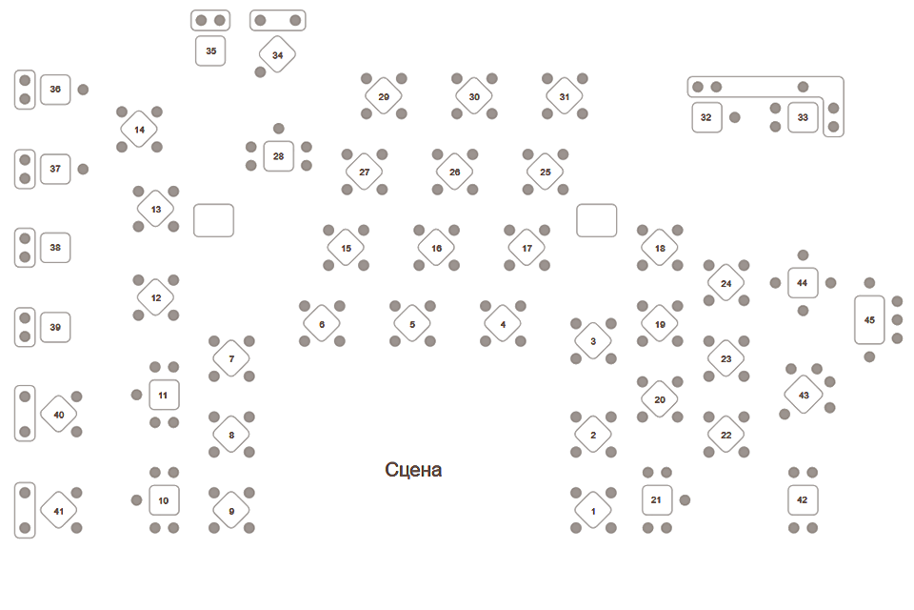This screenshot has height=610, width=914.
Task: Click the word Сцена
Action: [x=413, y=470]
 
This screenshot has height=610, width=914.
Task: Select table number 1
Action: [x=593, y=510]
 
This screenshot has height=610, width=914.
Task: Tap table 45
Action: [x=869, y=319]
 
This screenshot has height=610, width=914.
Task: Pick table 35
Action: [x=210, y=51]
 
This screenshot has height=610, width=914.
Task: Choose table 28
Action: [x=278, y=155]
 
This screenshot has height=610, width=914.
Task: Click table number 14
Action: [x=139, y=129]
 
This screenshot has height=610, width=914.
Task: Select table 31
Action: [x=565, y=95]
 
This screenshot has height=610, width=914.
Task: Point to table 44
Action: [x=803, y=283]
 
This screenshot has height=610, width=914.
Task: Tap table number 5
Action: [x=412, y=324]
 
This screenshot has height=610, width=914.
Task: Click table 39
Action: [x=55, y=327]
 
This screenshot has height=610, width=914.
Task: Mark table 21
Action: [x=657, y=499]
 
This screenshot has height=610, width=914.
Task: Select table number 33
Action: [x=803, y=117]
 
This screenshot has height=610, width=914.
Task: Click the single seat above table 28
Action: [x=278, y=128]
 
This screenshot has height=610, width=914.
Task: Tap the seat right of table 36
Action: [x=83, y=90]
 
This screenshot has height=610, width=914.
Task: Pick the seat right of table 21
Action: [x=685, y=499]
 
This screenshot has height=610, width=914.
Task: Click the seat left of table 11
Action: [x=136, y=395]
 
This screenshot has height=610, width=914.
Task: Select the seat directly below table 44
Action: [x=803, y=311]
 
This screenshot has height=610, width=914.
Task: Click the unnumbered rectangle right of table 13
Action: [x=213, y=220]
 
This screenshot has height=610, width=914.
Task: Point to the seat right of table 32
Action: [x=735, y=117]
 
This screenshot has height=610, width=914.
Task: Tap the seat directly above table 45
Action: [x=869, y=283]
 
